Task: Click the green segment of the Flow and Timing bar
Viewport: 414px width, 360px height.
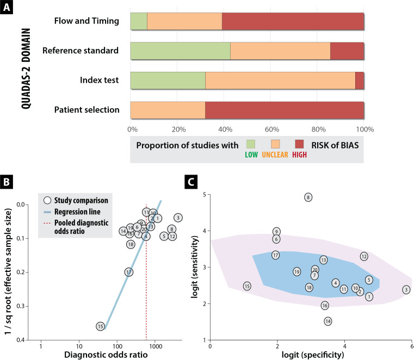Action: coord(139,22)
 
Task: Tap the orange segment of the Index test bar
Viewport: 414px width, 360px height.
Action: coord(280,80)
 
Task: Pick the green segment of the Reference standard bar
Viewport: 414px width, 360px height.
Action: coord(180,51)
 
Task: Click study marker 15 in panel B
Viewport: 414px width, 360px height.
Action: coord(100,326)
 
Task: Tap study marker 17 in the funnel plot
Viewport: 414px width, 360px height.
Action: coord(129,272)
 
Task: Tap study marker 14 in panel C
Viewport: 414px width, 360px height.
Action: coord(328,321)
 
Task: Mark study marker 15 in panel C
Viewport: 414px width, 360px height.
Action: coord(247,286)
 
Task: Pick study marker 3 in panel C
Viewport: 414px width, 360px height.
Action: coord(406,290)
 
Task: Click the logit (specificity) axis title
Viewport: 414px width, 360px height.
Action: coord(311,355)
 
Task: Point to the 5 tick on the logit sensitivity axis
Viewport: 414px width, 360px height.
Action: coord(205,195)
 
